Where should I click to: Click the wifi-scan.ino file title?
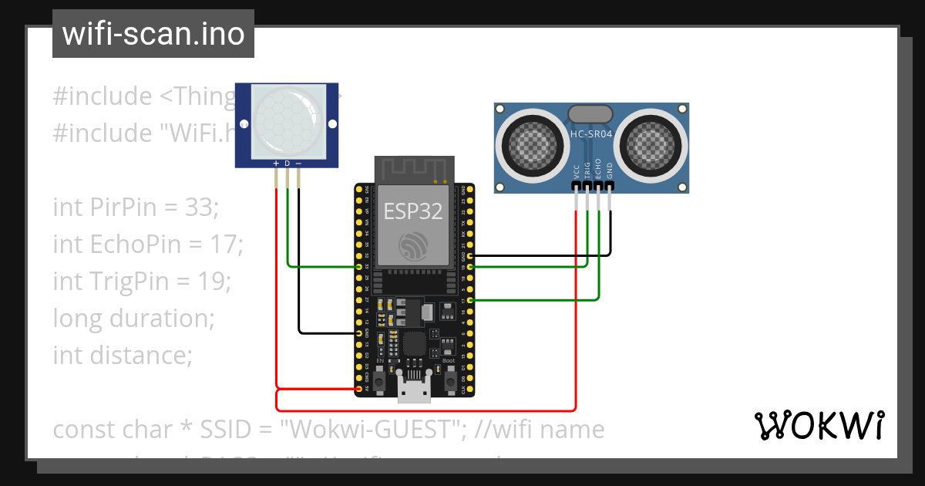pyautogui.click(x=153, y=35)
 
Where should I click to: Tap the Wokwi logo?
pyautogui.click(x=818, y=425)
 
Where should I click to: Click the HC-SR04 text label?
pyautogui.click(x=591, y=134)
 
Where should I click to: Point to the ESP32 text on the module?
pyautogui.click(x=412, y=211)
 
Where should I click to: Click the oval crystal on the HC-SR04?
pyautogui.click(x=591, y=115)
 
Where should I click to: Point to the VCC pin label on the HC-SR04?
pyautogui.click(x=577, y=170)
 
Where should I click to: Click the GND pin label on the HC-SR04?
pyautogui.click(x=609, y=170)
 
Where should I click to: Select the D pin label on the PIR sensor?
pyautogui.click(x=288, y=164)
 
